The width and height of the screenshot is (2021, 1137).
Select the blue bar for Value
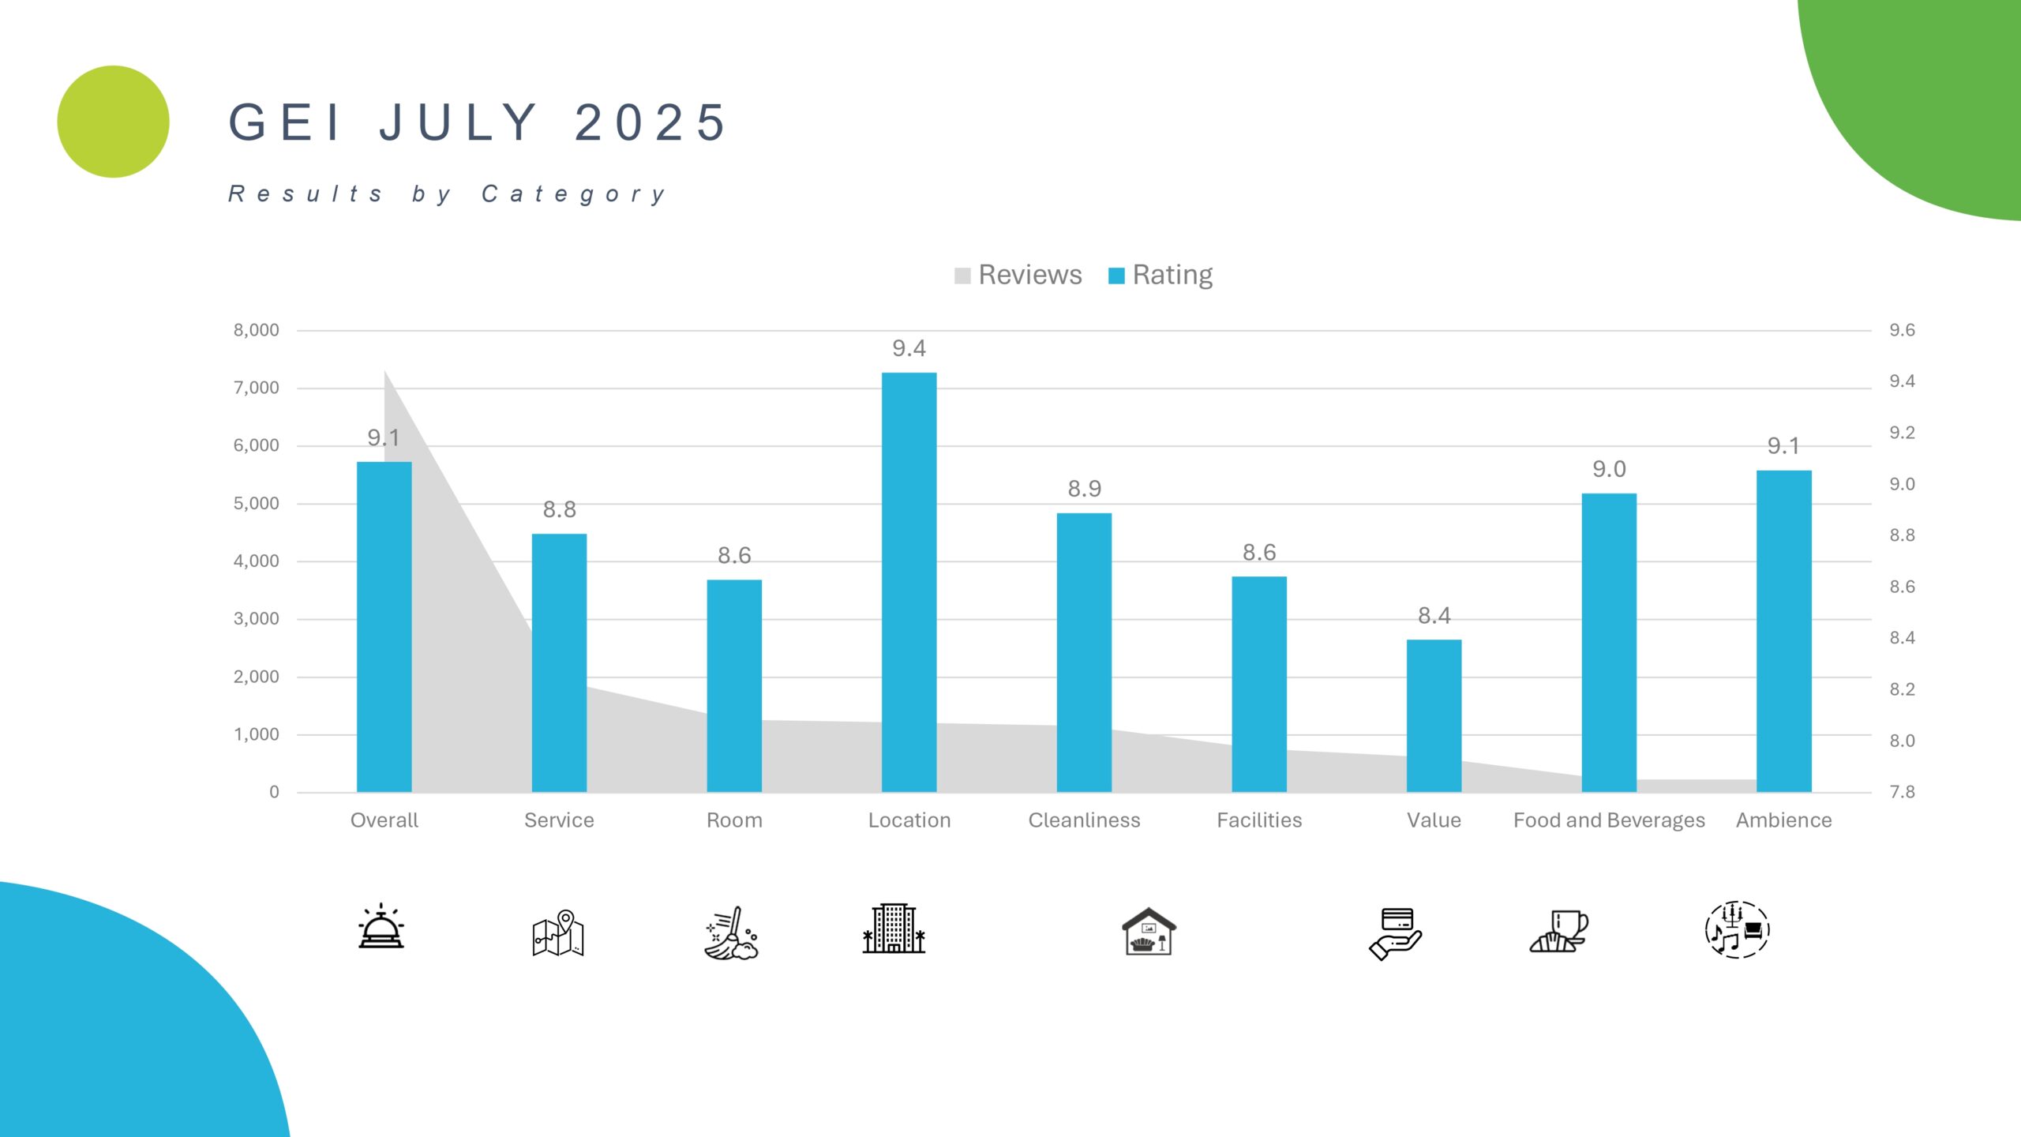1434,715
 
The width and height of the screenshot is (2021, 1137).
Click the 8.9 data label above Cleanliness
1084,489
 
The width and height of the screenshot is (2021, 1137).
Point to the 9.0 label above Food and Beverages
1608,469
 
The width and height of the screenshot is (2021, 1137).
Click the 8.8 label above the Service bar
559,509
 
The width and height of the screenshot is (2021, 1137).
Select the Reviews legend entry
1018,275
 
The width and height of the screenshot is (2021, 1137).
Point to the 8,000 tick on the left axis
256,330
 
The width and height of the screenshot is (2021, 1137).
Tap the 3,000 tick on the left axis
256,618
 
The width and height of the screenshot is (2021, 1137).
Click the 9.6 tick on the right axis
1902,330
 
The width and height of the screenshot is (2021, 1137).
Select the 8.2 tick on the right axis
1902,689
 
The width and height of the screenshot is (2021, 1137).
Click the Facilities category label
1259,820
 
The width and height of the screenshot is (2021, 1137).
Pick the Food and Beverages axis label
1608,820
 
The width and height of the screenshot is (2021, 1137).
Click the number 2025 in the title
651,122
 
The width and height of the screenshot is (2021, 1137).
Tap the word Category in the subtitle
574,193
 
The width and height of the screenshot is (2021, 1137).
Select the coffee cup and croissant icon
1558,931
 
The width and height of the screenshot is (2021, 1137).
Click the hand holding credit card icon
1395,932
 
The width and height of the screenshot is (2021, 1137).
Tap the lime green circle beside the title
114,122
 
